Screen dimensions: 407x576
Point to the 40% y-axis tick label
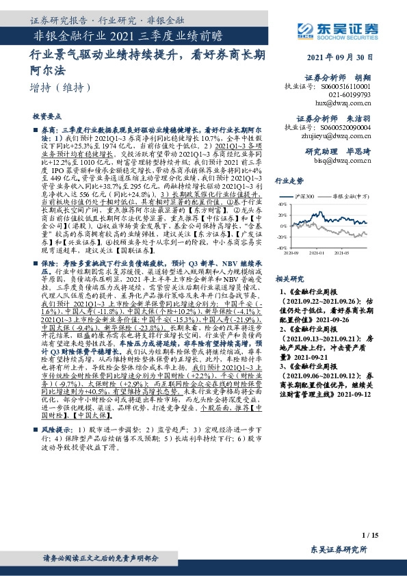pyautogui.click(x=282, y=205)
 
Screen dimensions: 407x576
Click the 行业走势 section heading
pyautogui.click(x=288, y=181)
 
